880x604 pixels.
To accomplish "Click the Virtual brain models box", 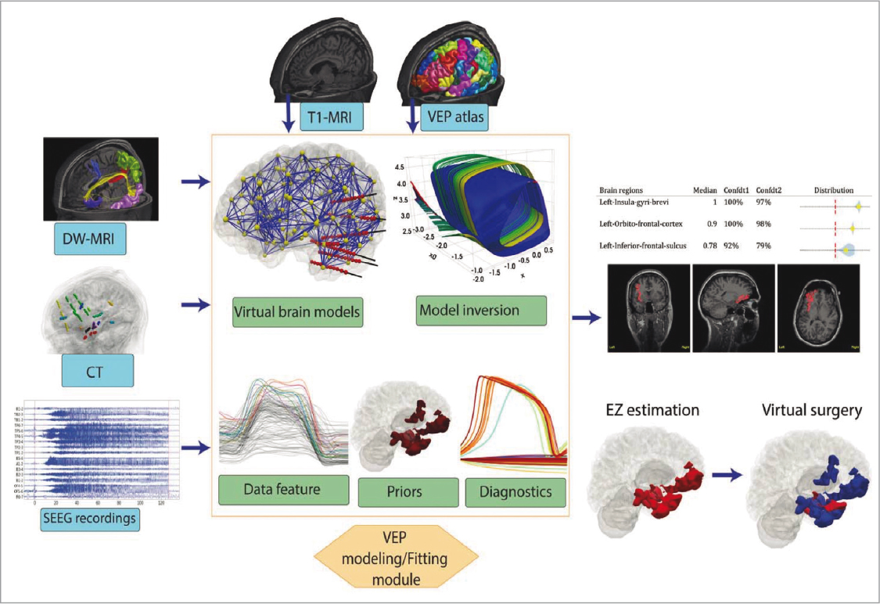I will click(296, 311).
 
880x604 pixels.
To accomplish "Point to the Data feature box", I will click(282, 489).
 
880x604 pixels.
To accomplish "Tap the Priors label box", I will click(406, 492).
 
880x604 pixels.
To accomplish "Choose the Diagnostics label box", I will click(513, 492).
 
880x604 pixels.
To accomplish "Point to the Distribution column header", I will click(834, 189).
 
